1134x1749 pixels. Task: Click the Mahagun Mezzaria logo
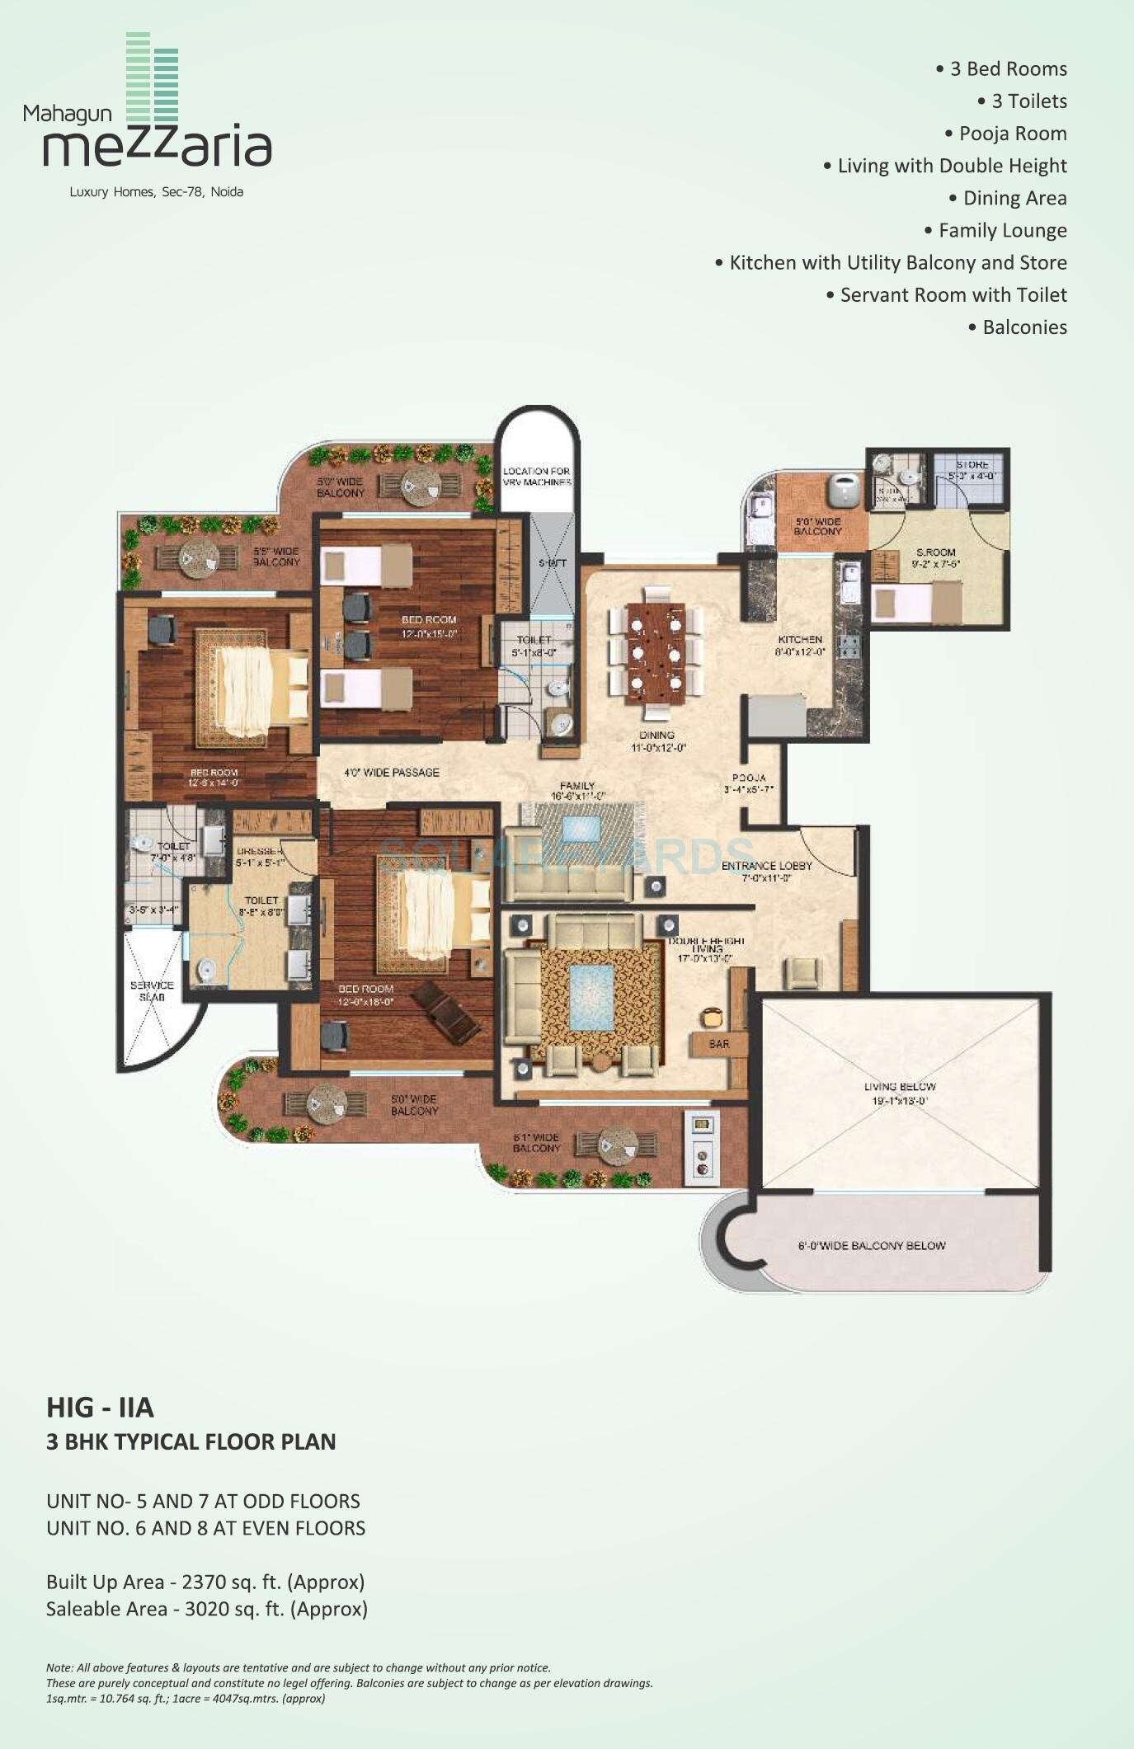tap(148, 115)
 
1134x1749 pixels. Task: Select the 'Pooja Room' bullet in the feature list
tap(1012, 134)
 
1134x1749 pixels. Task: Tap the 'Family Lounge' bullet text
tap(1002, 230)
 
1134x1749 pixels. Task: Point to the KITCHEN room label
tap(800, 640)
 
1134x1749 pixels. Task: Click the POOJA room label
tap(749, 778)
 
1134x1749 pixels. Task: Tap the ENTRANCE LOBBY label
tap(767, 866)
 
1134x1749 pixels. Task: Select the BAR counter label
tap(718, 1044)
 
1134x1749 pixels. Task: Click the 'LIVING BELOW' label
tap(900, 1087)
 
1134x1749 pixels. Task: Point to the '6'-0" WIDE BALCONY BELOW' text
tap(871, 1246)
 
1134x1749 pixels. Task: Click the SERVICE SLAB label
tap(152, 991)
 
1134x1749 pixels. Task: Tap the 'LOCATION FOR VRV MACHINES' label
tap(537, 477)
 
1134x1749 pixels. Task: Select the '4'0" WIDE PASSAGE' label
tap(391, 773)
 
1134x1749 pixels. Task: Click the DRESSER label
tap(259, 851)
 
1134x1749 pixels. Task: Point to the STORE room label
tap(972, 465)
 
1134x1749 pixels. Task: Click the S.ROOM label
tap(935, 552)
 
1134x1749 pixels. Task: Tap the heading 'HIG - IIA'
tap(100, 1406)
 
